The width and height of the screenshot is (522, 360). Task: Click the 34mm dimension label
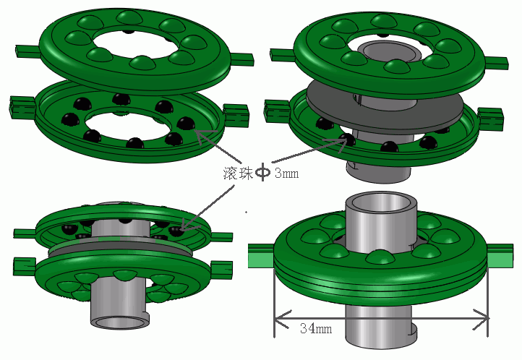[x=316, y=328]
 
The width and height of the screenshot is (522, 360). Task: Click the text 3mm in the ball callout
[x=286, y=173]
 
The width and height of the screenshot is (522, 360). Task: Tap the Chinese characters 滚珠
[x=238, y=173]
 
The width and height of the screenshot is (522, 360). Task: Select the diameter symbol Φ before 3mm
[x=263, y=172]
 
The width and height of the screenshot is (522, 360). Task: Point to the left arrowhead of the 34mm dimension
[x=282, y=319]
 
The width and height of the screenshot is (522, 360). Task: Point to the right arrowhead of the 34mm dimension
[x=481, y=319]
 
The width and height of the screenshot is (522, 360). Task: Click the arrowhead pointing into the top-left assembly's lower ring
[x=202, y=137]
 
